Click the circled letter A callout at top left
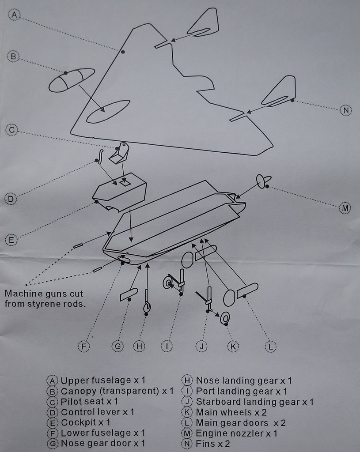14,15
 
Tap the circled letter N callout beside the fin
345,110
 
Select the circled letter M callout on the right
345,208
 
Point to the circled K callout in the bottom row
233,346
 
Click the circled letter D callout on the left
11,199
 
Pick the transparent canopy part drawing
72,80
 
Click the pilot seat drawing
119,153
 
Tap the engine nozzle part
263,181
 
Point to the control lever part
99,157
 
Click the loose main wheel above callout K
225,318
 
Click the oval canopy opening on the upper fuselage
108,112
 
